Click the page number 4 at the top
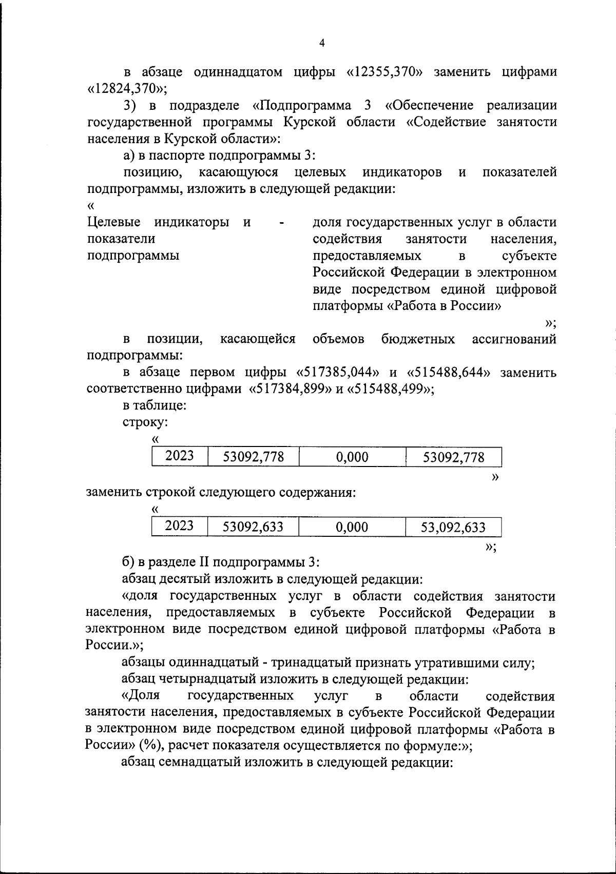pos(322,44)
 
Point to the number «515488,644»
pos(448,372)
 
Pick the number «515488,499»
pos(391,389)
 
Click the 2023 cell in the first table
pos(180,456)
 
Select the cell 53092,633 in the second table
pos(253,527)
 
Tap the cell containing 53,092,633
pos(453,527)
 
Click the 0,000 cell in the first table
pos(352,457)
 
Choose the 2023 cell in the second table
pos(180,526)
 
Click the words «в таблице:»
pos(154,405)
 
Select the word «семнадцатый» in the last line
pos(196,762)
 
